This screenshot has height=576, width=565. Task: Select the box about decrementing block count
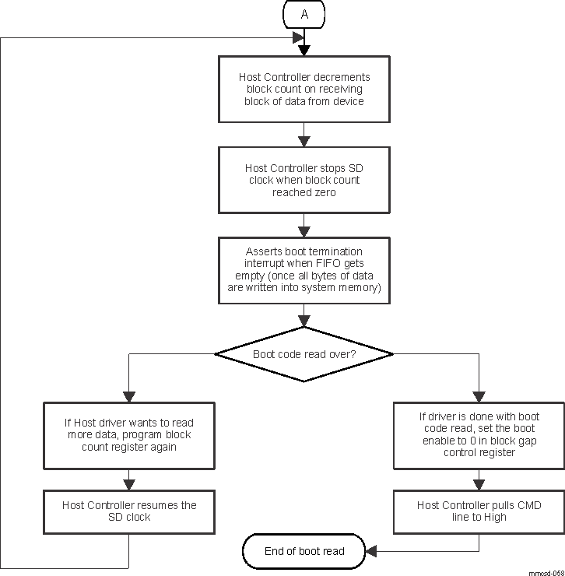[304, 90]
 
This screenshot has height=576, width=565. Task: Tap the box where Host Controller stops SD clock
[304, 180]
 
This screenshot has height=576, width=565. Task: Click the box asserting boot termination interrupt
[304, 269]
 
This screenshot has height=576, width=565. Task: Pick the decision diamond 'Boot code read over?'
[304, 354]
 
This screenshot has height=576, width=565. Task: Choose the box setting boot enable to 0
[478, 435]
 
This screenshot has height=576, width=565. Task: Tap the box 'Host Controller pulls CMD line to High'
[478, 511]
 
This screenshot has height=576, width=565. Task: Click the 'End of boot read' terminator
[304, 551]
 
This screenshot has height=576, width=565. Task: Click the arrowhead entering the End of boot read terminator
[372, 551]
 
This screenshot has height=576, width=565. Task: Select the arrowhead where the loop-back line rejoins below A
[298, 37]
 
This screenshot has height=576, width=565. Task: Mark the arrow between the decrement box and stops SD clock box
[304, 140]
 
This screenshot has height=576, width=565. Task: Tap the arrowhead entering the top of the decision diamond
[304, 320]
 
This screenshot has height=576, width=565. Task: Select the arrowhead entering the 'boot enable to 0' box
[478, 395]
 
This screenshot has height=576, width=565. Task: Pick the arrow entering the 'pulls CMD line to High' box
[478, 484]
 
